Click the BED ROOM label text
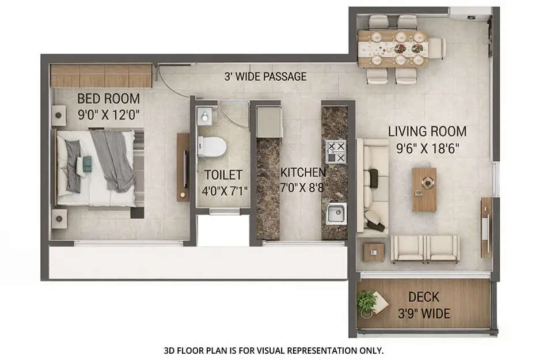click(109, 98)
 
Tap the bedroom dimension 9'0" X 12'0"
click(109, 114)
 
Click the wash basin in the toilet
click(205, 117)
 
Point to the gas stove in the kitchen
click(336, 151)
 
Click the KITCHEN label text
click(303, 172)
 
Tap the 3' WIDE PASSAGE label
click(265, 77)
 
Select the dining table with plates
click(393, 48)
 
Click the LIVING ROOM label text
click(427, 131)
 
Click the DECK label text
click(424, 297)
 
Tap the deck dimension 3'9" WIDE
click(424, 314)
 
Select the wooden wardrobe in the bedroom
click(101, 76)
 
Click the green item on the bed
click(87, 164)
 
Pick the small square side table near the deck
click(373, 251)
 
